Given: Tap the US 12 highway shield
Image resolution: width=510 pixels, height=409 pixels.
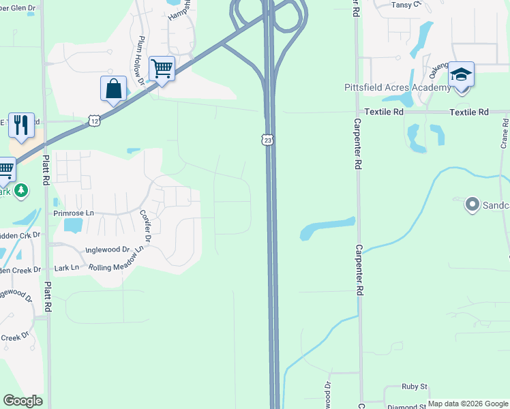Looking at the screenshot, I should (93, 121).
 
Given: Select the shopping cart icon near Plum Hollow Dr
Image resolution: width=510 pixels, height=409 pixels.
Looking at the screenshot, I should (162, 69).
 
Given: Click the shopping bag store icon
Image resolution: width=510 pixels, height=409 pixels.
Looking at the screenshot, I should (113, 89).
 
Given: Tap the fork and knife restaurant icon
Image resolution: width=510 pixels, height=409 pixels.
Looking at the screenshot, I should (21, 125).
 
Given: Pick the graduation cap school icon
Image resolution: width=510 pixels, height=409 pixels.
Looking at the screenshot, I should (461, 74).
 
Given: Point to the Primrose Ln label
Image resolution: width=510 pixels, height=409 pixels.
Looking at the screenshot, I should (74, 213).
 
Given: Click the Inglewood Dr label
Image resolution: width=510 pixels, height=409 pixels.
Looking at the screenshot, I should (107, 249).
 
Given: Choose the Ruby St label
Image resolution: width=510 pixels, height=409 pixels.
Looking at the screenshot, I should (414, 387).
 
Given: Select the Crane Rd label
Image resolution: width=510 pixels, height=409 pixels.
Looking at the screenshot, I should (505, 134).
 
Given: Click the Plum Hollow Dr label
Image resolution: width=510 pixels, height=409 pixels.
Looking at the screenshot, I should (141, 61).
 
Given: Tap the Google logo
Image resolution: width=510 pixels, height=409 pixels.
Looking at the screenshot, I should (22, 401).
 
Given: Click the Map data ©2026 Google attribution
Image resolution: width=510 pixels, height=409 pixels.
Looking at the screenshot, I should (468, 404).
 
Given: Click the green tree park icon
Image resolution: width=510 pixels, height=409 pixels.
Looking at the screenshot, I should (22, 190).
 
